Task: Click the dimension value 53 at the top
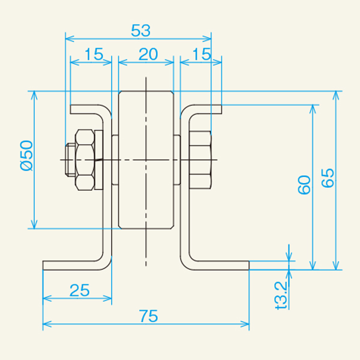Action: pos(141,31)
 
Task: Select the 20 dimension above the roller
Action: pos(148,55)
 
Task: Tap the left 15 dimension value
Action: pos(94,55)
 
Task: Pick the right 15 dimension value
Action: pos(202,55)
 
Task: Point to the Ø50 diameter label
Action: pos(26,155)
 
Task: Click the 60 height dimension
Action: pos(304,185)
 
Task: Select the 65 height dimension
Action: pos(328,178)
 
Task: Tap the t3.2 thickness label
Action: pos(281,295)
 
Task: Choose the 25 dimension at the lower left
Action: pos(79,290)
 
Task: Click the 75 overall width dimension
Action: pos(149,316)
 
